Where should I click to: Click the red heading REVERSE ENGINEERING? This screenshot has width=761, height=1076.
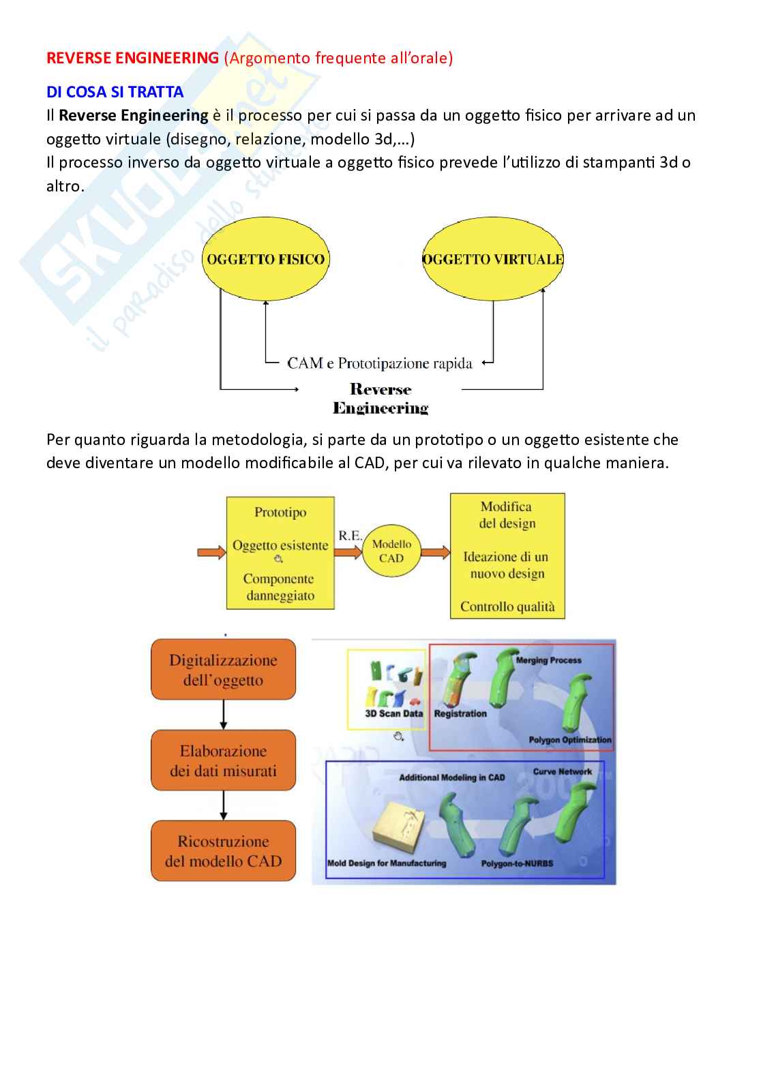(x=132, y=58)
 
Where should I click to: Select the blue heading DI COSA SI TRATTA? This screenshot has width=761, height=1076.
(x=115, y=91)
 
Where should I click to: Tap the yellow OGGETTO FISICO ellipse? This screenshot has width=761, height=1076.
(x=265, y=259)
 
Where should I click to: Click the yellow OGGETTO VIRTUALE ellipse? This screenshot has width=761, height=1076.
(x=493, y=259)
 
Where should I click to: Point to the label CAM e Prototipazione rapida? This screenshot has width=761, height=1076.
(x=379, y=363)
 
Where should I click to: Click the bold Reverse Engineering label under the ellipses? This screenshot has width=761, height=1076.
(x=380, y=399)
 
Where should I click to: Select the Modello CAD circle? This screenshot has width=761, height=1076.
(x=391, y=551)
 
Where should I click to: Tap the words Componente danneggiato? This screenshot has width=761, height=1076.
(x=280, y=587)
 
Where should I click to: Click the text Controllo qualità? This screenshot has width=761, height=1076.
(x=507, y=606)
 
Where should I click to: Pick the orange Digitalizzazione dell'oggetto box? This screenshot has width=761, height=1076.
(x=223, y=670)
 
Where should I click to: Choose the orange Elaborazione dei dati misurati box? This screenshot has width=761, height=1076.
(x=223, y=760)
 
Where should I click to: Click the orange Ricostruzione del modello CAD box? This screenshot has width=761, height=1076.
(x=223, y=851)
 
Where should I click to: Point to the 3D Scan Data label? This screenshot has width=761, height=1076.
(x=393, y=713)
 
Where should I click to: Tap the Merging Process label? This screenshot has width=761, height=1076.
(x=548, y=660)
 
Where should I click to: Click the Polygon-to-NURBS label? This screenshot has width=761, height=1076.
(x=517, y=863)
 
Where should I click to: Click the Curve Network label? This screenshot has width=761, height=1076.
(x=563, y=772)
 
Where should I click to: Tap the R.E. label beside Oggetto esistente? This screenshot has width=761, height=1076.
(x=350, y=536)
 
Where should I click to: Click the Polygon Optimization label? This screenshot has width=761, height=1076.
(x=570, y=740)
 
